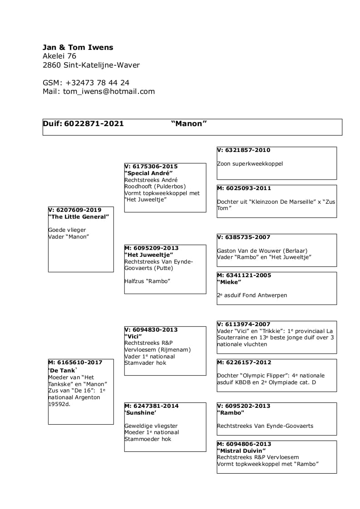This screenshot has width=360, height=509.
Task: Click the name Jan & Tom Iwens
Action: click(78, 47)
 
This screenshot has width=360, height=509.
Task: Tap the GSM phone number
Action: click(98, 83)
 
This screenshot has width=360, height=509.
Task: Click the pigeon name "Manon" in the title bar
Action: click(189, 123)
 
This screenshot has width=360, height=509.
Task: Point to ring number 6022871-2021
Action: click(94, 123)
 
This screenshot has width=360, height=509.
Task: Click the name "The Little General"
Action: click(79, 216)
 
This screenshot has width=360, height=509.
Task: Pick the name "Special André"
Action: click(148, 173)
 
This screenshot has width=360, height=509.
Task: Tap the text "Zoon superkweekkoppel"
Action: click(250, 164)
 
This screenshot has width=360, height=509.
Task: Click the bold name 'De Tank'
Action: click(63, 371)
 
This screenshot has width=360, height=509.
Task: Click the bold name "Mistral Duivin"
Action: click(241, 450)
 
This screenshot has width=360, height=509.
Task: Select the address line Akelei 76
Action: click(59, 56)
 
